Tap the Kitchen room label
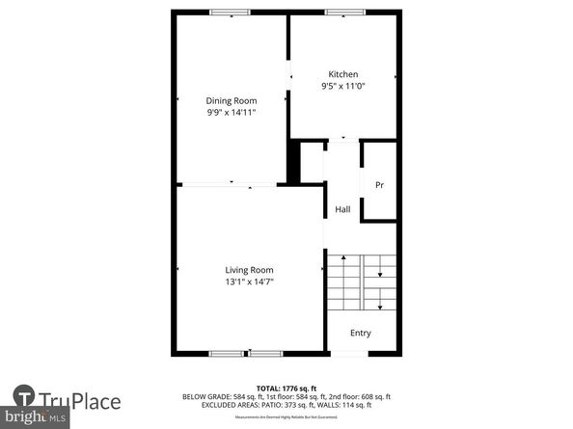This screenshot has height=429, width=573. [x=342, y=74]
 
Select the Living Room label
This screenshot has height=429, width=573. [x=249, y=270]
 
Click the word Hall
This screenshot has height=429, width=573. [x=342, y=210]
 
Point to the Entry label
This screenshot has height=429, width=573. [x=360, y=334]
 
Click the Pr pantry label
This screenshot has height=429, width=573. [x=379, y=185]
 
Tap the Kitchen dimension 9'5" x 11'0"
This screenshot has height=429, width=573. [x=342, y=87]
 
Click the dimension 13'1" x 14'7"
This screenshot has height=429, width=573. [x=249, y=282]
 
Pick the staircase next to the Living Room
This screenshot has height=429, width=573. [x=361, y=282]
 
